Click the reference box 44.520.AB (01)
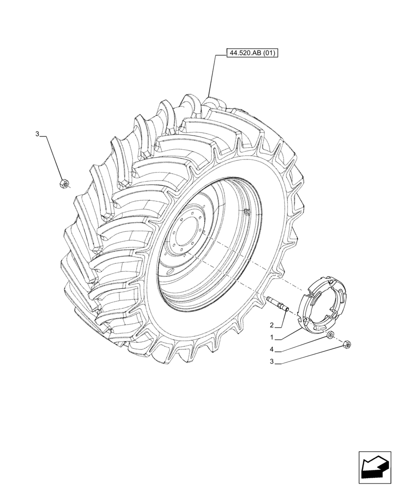point(252,53)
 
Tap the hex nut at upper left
point(64,183)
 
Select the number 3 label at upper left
point(36,134)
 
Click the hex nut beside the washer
point(347,345)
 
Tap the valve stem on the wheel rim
point(247,211)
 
